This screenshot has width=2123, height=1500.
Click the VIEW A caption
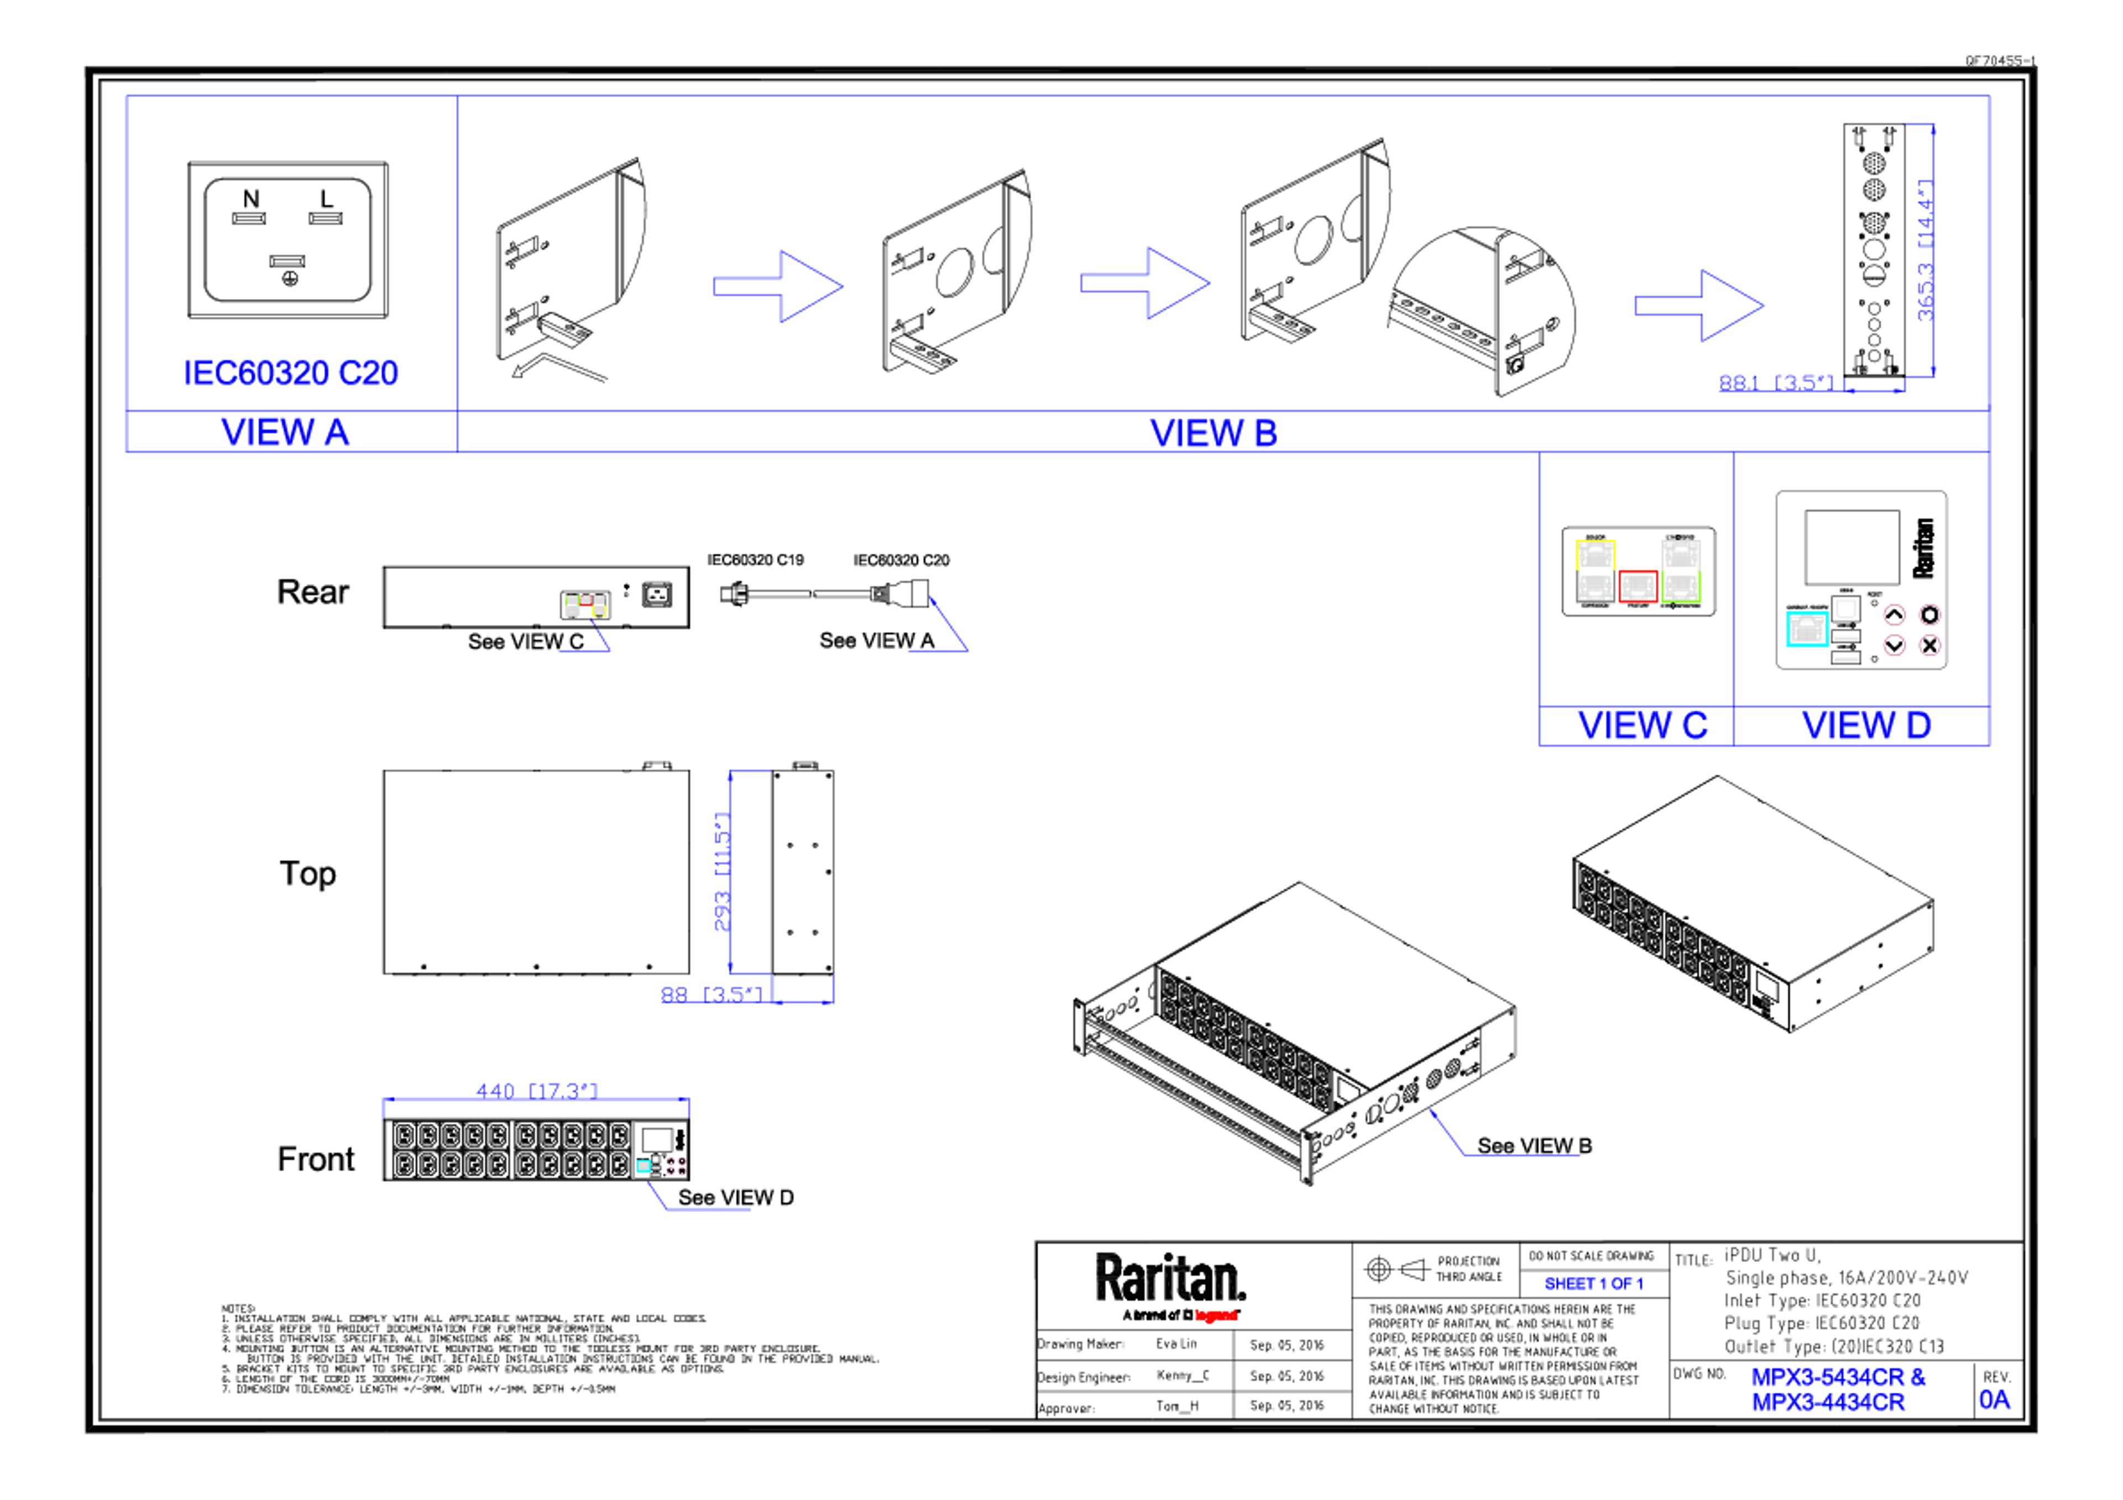point(286,431)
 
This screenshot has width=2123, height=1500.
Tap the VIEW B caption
point(1213,433)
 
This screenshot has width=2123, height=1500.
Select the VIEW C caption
point(1642,725)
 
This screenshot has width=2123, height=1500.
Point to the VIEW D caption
point(1866,725)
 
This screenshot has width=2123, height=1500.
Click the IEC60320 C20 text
point(291,372)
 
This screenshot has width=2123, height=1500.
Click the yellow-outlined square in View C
point(1595,555)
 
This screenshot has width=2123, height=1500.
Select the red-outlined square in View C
point(1638,586)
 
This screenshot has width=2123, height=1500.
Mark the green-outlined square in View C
point(1681,586)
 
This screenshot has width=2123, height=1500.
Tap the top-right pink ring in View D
point(1929,614)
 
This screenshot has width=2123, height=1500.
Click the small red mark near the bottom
point(1216,1315)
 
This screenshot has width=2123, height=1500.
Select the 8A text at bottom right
point(1995,1400)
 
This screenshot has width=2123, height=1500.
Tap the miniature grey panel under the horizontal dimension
point(659,1150)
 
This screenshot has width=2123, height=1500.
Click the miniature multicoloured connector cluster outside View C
point(585,606)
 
